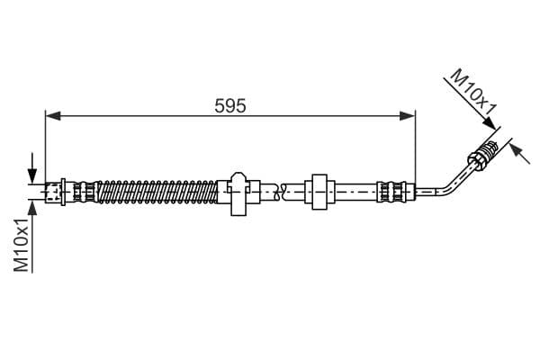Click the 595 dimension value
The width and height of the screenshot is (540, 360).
tap(230, 106)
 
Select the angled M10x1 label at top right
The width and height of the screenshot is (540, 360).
tap(473, 92)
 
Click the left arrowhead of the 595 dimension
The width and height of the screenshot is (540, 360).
tap(53, 116)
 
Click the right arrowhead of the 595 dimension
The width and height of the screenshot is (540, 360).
tap(408, 116)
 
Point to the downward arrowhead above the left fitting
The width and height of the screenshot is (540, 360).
tap(32, 176)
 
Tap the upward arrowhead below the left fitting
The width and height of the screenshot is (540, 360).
tap(33, 207)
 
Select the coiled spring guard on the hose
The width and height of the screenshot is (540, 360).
tap(157, 192)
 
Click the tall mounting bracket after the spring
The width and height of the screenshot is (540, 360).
tap(238, 193)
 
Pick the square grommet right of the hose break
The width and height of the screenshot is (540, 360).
tap(319, 192)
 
